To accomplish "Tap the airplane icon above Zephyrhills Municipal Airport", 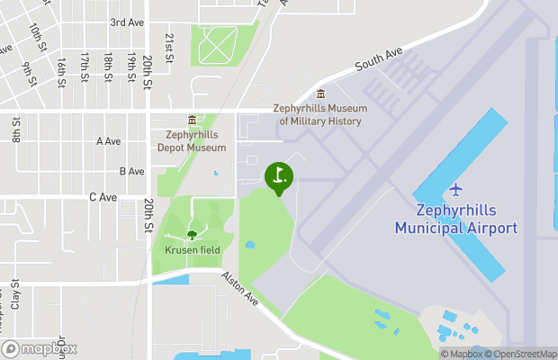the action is [456, 190].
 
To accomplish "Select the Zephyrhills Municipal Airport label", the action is [456, 220].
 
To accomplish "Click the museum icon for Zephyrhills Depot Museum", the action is [191, 121].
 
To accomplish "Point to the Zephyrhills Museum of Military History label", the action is [320, 114].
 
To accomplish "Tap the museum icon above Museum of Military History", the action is [320, 94].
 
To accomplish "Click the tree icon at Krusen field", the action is [191, 235].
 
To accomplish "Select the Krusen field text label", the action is [191, 249].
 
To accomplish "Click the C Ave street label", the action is [103, 196].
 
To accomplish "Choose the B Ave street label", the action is [131, 171].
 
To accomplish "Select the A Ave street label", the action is [108, 141].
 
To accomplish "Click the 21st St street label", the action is [169, 43].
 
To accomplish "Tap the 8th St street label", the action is [16, 130].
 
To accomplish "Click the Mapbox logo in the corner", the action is [40, 348].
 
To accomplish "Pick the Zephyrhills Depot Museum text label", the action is [191, 140].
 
